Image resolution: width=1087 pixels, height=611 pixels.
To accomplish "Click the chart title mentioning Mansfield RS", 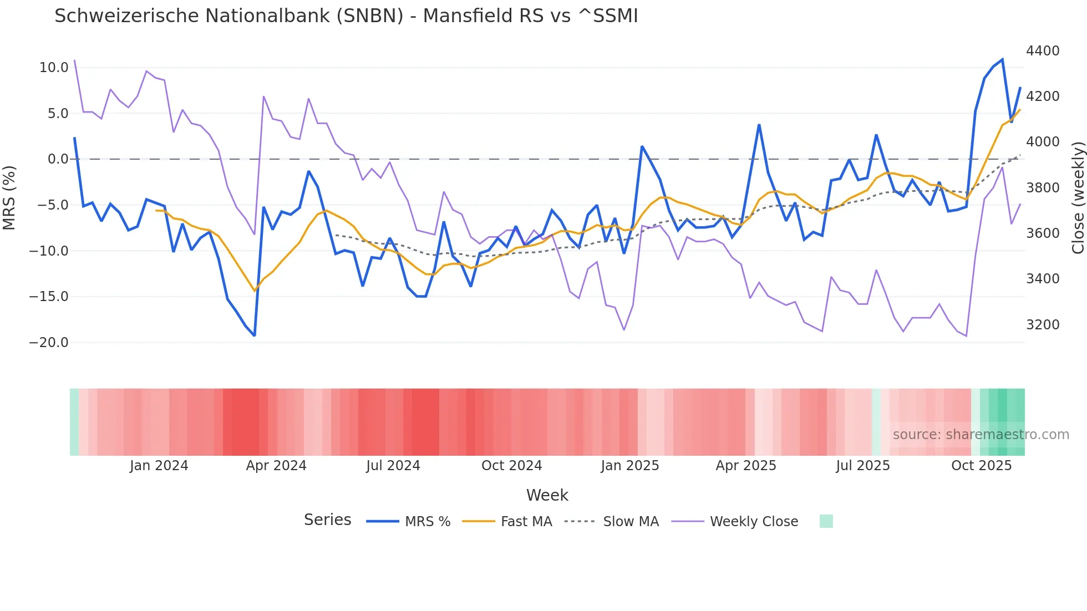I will (x=346, y=16).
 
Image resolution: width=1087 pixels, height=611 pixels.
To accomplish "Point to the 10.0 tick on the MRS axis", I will (x=53, y=68).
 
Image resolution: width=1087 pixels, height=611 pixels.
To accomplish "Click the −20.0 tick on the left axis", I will (x=49, y=343).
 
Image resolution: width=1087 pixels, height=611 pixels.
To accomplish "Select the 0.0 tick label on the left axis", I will (x=58, y=159).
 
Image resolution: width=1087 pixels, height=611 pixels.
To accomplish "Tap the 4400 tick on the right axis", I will (x=1043, y=51).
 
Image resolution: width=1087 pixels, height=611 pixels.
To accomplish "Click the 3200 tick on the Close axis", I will (x=1043, y=325).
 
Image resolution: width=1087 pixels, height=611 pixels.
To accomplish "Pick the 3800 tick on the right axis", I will (x=1043, y=188).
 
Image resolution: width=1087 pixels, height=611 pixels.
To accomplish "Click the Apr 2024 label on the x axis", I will (x=276, y=466).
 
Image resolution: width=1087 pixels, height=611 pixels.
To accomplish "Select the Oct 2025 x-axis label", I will (x=981, y=466).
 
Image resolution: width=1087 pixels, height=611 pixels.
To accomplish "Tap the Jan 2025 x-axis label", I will (x=629, y=466).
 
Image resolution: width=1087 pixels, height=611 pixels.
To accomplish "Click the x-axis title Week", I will (x=547, y=495).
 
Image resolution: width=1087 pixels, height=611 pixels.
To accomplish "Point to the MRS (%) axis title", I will (x=9, y=197).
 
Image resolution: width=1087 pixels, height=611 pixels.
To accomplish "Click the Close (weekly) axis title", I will (x=1078, y=197).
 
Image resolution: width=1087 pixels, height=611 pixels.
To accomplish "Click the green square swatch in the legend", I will (x=826, y=522).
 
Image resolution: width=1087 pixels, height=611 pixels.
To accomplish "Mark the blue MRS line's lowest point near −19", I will (x=254, y=335).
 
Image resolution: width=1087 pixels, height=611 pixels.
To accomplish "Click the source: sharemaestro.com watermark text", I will (x=981, y=435).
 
